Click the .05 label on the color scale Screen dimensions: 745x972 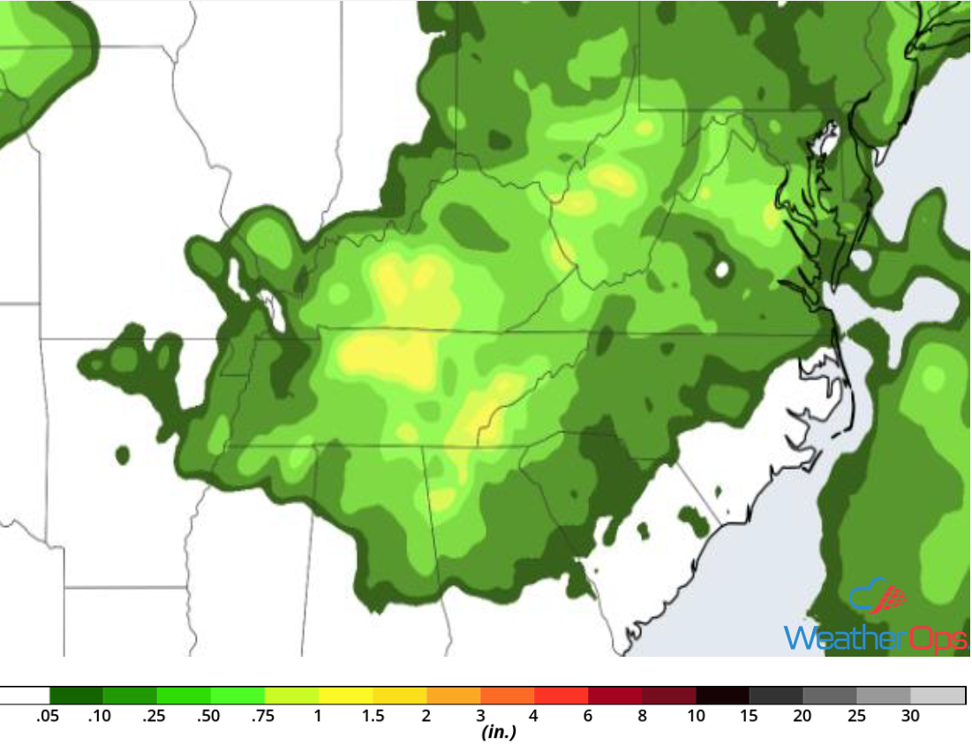[x=48, y=716]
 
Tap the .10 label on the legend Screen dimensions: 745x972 [x=100, y=716]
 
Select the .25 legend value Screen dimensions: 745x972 [x=154, y=716]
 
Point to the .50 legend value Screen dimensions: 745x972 [x=208, y=716]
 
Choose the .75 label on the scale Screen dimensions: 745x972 [x=262, y=716]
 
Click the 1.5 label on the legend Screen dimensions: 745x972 [x=373, y=716]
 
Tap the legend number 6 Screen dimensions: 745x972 [x=588, y=716]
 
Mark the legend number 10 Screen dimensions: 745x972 [x=697, y=716]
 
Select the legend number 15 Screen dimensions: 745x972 [x=750, y=716]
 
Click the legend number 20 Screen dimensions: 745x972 [x=802, y=716]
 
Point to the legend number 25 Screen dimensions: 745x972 [x=856, y=716]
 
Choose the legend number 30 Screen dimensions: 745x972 [x=910, y=716]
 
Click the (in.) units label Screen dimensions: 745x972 [x=499, y=733]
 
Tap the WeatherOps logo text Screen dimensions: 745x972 [x=874, y=637]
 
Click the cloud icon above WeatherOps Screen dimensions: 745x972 [x=878, y=598]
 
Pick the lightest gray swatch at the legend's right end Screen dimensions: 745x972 [x=938, y=696]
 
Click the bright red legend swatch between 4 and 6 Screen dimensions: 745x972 [x=561, y=696]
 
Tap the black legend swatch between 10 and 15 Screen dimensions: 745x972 [x=723, y=696]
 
